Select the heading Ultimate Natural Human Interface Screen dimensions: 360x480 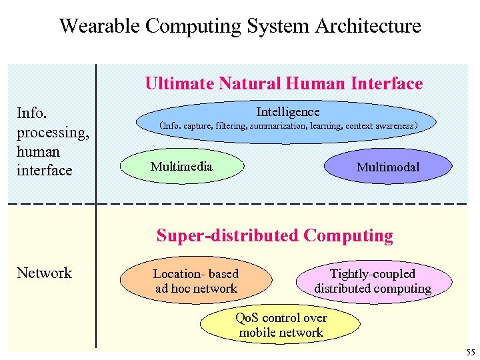[x=283, y=83]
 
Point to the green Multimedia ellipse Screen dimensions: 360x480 [x=181, y=167]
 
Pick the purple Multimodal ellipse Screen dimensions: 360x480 [x=387, y=167]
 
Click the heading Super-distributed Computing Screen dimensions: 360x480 [x=275, y=235]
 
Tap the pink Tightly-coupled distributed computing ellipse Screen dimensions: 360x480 [x=373, y=281]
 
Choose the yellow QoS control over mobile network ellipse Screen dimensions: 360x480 [x=281, y=325]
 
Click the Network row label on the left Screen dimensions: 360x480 [x=44, y=273]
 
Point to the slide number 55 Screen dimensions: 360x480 [x=471, y=352]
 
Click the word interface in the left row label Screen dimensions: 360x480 [x=44, y=170]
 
